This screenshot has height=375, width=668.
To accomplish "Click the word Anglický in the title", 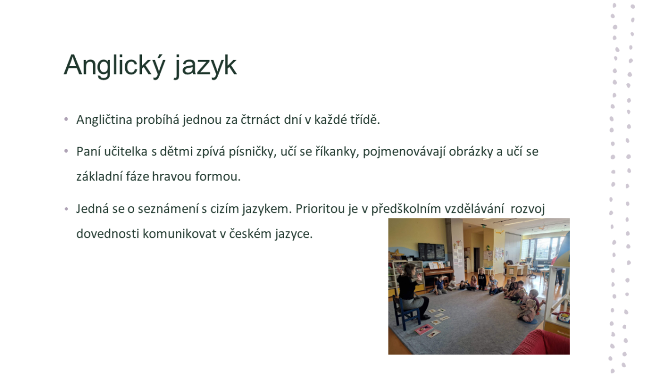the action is point(115,66).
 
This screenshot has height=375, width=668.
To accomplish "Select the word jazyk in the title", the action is point(205,66).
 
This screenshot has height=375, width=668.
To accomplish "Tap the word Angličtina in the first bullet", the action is point(105,120).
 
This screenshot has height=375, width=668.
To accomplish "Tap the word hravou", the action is point(171,177).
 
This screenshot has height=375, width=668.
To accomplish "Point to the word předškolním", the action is point(406,209).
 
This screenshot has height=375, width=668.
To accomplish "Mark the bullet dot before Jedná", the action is point(66,209).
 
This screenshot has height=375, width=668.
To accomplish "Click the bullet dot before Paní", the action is point(66,151).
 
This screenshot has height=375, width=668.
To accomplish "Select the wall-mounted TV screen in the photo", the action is point(431,252).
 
